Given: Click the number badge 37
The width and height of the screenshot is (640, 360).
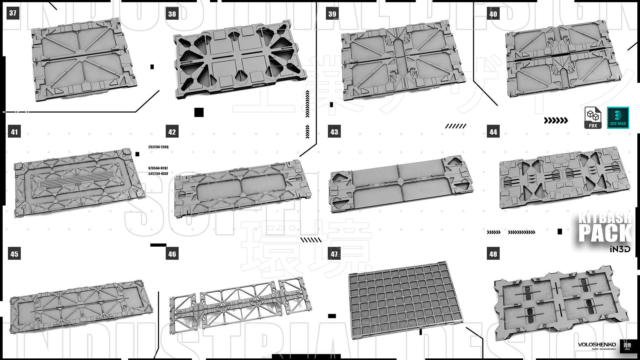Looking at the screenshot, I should pyautogui.click(x=13, y=13).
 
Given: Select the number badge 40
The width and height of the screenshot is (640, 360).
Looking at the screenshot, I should pyautogui.click(x=493, y=14).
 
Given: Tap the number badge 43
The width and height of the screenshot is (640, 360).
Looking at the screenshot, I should pyautogui.click(x=334, y=132).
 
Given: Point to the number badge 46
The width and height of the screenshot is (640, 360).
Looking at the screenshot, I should pyautogui.click(x=172, y=254).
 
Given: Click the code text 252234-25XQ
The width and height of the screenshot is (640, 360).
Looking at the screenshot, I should pyautogui.click(x=158, y=147).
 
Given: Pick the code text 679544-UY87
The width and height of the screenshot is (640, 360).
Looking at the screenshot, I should pyautogui.click(x=158, y=168).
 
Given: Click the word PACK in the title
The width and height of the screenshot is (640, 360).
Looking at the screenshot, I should pyautogui.click(x=605, y=233).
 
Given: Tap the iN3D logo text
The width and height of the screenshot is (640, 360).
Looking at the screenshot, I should pyautogui.click(x=620, y=249).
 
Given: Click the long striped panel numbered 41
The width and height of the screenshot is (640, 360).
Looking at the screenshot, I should pyautogui.click(x=79, y=182).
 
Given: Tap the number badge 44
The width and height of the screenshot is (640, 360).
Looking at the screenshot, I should pyautogui.click(x=493, y=132).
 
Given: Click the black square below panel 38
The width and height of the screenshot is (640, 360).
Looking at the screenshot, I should pyautogui.click(x=199, y=112).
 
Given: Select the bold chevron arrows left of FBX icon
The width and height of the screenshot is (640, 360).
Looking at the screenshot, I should pyautogui.click(x=556, y=121).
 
